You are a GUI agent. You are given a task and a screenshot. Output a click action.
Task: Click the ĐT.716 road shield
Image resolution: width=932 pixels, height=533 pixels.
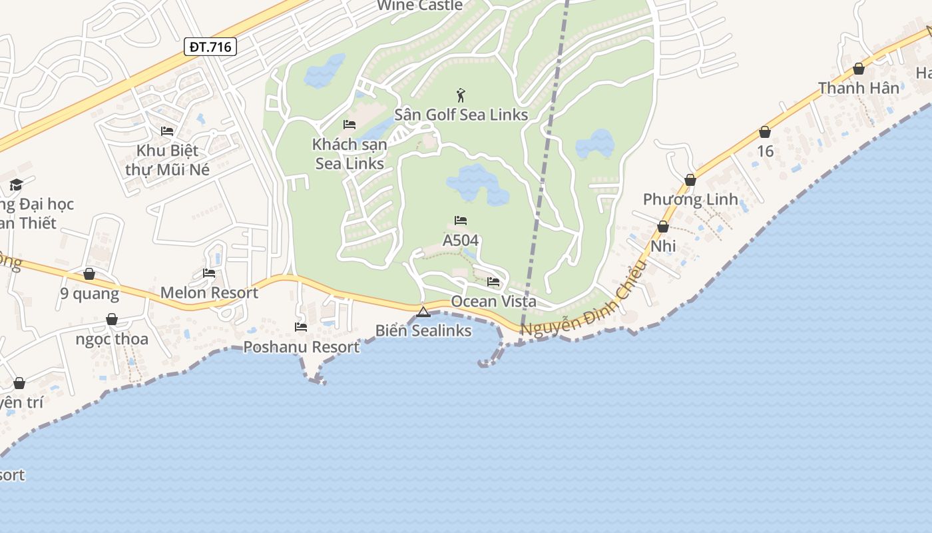(210, 47)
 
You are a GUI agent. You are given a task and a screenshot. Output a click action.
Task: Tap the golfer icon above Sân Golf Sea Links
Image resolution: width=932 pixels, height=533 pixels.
(461, 95)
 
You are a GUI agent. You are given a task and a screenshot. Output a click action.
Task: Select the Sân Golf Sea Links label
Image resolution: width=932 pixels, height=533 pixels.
(461, 115)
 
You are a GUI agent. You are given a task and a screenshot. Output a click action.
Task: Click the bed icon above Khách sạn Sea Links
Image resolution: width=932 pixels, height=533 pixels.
(349, 125)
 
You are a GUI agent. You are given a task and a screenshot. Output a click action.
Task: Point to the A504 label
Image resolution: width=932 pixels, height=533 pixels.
(461, 240)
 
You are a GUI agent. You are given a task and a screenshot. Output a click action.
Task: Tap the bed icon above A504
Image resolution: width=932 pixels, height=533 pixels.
(461, 221)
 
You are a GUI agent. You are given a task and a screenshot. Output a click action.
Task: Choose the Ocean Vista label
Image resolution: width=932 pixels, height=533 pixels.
(493, 301)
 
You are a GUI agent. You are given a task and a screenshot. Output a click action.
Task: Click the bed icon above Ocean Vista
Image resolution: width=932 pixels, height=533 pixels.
(493, 282)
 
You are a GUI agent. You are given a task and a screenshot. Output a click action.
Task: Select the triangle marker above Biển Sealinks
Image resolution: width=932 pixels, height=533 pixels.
(423, 312)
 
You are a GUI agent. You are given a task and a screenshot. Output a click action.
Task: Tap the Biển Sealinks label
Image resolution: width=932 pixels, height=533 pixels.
(423, 330)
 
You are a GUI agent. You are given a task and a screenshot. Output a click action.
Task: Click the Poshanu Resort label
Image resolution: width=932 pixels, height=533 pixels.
(301, 346)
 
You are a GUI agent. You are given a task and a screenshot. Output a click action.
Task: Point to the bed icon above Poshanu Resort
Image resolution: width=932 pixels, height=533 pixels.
(301, 327)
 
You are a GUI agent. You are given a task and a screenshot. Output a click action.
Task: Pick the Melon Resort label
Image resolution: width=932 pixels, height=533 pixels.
(209, 292)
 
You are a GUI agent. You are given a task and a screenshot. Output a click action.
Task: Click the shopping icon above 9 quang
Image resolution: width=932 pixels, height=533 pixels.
(89, 274)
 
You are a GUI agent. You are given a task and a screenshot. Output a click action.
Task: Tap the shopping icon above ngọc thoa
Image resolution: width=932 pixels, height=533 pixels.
(112, 320)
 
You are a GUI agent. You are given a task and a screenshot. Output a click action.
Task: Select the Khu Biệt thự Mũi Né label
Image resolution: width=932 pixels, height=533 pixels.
(168, 160)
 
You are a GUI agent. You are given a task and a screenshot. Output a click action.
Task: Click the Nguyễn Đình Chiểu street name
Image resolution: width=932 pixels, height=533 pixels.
(583, 300)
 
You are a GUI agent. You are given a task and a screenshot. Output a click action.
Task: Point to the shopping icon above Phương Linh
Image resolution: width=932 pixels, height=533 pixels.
(690, 180)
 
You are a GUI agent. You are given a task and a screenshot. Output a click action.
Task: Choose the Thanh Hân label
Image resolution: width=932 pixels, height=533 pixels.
(858, 88)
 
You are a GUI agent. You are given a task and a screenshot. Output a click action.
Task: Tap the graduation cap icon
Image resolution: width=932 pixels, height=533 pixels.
(16, 185)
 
